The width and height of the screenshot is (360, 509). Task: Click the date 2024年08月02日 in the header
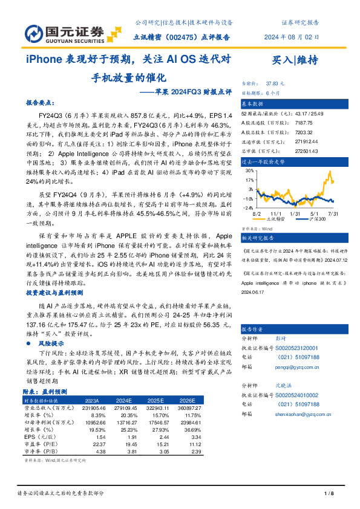point(291,37)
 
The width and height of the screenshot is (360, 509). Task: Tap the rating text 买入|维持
point(295,59)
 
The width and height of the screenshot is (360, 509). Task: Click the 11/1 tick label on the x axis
point(277,214)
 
